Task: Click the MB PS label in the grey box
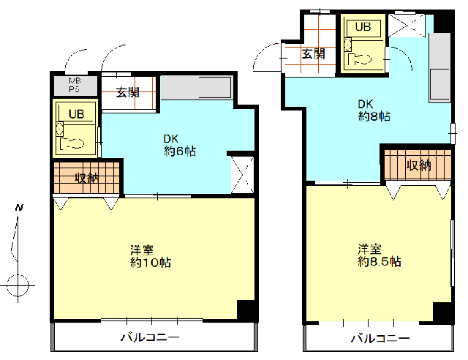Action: point(75,85)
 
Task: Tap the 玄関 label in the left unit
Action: point(128,93)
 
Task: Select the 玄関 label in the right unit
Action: point(313,54)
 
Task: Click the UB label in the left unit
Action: point(77,114)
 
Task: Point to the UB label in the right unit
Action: point(363,27)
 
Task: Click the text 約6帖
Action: point(180,151)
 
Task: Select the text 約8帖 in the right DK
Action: point(374,116)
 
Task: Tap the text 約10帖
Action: point(151,263)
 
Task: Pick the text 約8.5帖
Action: point(379,262)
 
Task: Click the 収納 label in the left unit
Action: point(86,178)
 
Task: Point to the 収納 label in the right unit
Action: point(418,165)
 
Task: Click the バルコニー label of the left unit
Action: point(150,337)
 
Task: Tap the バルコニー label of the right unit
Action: point(380,339)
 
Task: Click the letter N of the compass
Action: point(20,207)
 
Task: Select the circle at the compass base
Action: point(18,285)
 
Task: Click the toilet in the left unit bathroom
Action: point(72,143)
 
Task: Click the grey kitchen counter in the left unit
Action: point(197,88)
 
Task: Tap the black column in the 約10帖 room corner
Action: point(246,310)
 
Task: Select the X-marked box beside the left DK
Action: point(242,175)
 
